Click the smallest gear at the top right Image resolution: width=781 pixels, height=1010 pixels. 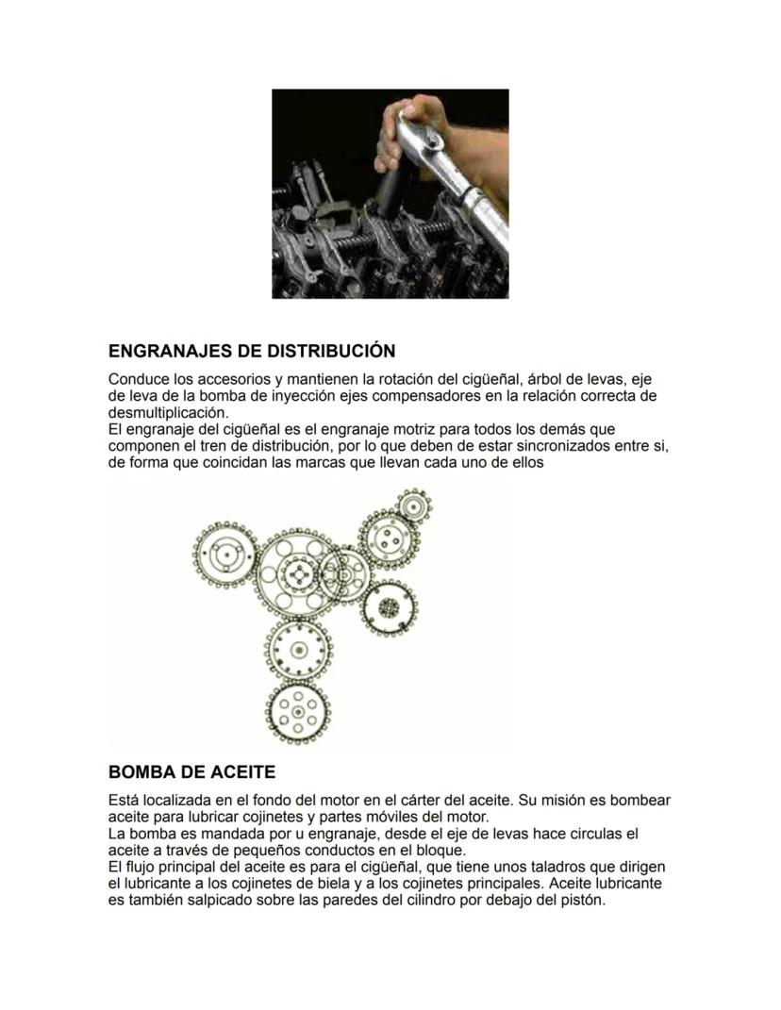411,505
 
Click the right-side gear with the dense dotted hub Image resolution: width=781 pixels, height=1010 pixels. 387,607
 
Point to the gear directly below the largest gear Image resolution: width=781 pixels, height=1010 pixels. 300,650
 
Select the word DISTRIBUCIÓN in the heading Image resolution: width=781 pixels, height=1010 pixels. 331,352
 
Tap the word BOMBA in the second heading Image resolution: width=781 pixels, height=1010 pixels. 142,772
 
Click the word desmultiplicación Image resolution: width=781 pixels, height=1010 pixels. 168,413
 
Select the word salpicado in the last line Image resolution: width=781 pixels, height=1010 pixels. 208,900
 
